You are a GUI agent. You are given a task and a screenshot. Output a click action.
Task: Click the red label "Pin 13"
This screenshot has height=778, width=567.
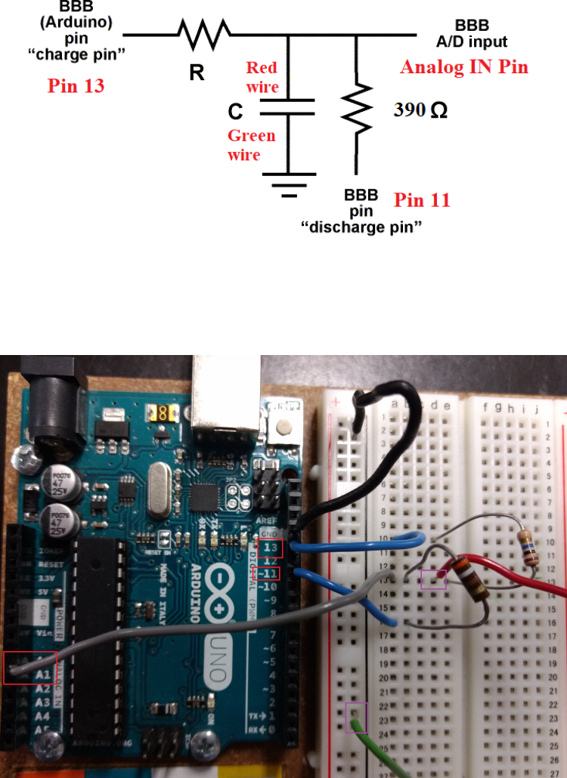click(x=76, y=85)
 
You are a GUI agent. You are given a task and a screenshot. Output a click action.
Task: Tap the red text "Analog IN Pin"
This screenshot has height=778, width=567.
click(x=463, y=67)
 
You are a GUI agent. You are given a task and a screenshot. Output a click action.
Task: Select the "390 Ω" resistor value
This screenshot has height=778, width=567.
click(x=420, y=110)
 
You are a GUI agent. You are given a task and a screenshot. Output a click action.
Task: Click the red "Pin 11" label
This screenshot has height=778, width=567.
click(x=422, y=200)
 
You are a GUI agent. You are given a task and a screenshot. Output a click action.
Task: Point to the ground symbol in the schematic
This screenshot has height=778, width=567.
click(x=288, y=184)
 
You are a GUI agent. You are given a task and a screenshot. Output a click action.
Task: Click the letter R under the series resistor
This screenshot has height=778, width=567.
click(x=196, y=74)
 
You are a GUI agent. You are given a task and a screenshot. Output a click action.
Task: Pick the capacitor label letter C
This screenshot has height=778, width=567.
click(x=236, y=113)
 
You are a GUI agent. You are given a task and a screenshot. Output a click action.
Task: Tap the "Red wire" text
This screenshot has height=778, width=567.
click(x=262, y=78)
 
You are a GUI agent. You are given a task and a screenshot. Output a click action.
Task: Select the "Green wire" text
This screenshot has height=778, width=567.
click(x=252, y=145)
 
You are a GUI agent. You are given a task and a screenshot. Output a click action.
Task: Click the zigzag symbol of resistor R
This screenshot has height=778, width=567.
click(x=203, y=34)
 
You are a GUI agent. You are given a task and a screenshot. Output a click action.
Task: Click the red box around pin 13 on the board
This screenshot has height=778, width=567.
click(x=270, y=548)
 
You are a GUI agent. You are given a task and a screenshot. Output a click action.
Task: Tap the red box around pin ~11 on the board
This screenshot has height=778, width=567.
click(x=265, y=573)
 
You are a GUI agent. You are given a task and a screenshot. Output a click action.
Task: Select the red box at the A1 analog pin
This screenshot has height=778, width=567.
click(x=29, y=668)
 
